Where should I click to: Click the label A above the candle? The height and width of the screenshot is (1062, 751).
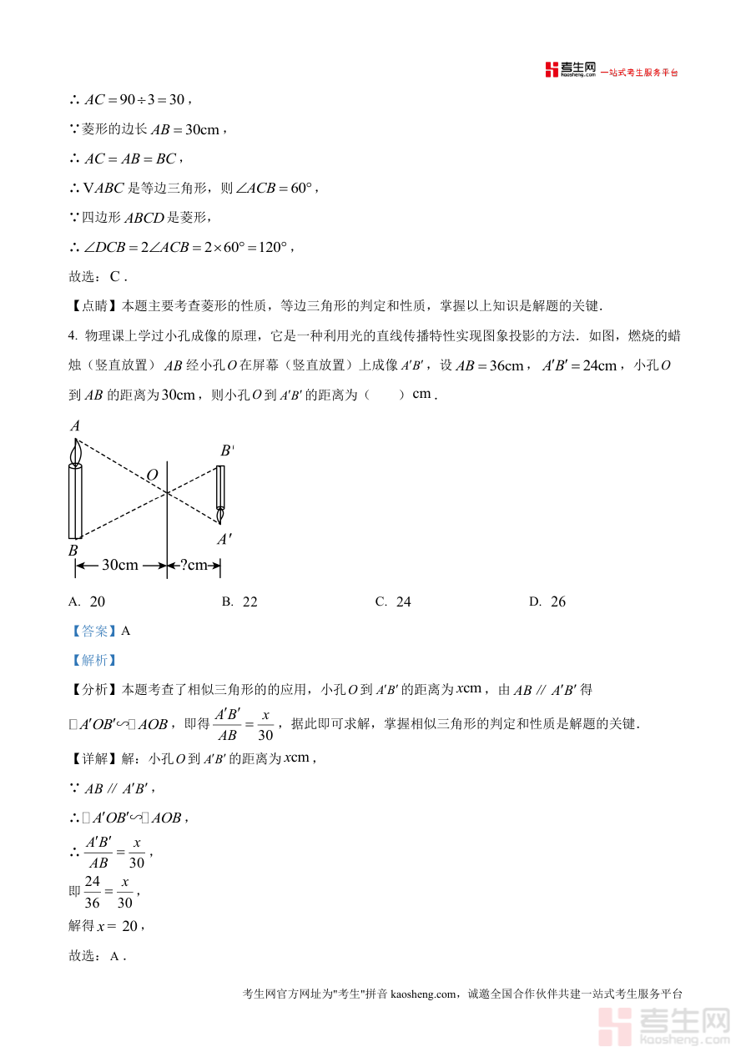[x=75, y=426]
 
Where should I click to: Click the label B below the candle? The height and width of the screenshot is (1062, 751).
[x=73, y=551]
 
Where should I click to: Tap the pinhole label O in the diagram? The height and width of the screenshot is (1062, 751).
[x=152, y=476]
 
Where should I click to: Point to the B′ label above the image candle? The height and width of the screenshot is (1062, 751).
[x=226, y=451]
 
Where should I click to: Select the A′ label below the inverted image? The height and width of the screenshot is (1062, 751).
[x=224, y=540]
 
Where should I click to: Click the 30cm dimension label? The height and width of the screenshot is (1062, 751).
[x=120, y=566]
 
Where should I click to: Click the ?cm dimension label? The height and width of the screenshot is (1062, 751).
[x=193, y=566]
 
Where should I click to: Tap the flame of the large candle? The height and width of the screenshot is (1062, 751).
[x=76, y=451]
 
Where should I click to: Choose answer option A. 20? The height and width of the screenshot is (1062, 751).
[x=87, y=601]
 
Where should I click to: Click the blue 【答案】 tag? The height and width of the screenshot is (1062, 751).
[x=93, y=632]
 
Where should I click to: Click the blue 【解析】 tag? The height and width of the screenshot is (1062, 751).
[x=93, y=661]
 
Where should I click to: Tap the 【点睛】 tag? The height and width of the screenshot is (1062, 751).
[x=94, y=306]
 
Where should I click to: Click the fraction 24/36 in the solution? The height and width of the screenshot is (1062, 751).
[x=92, y=893]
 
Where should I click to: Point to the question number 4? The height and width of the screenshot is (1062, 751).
[x=72, y=336]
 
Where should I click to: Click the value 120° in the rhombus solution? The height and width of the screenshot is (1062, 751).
[x=271, y=248]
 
